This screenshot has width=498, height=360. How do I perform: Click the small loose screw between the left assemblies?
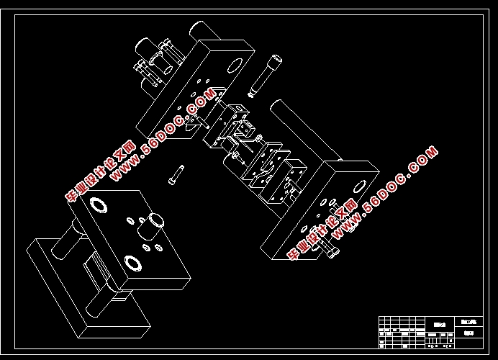(177, 174)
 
